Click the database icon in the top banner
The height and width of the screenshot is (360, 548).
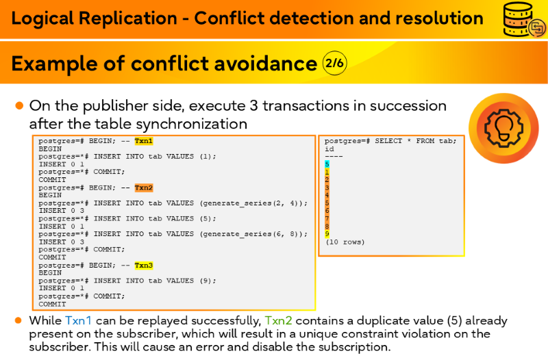(523, 20)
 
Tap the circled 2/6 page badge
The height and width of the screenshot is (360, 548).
(334, 63)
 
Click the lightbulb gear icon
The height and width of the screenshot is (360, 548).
(503, 128)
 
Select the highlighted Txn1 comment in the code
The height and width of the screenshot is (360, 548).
(144, 141)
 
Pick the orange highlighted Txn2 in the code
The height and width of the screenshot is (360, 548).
(144, 188)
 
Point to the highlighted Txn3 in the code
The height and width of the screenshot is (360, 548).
(144, 266)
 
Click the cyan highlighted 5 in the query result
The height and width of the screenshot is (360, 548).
(327, 164)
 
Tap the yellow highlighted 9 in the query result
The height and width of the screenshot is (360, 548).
(327, 234)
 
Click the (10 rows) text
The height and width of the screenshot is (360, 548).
(345, 242)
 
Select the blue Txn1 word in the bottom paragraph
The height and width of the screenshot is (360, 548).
(78, 320)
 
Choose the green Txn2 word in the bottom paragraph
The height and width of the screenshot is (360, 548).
(278, 320)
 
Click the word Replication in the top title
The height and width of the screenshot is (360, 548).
(128, 18)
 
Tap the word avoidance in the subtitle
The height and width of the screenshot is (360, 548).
(265, 64)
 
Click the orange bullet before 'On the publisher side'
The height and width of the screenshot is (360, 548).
(20, 105)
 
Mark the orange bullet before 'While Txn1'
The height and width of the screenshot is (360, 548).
(18, 320)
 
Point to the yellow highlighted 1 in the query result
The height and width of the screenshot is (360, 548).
(327, 172)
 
